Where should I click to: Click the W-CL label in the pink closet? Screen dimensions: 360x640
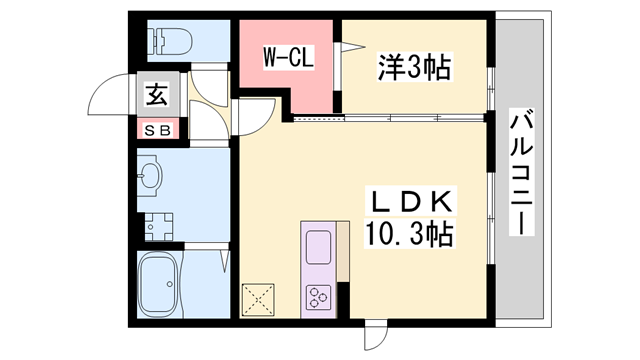288,58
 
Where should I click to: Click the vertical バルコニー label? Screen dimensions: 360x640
521,171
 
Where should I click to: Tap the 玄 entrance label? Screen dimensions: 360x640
158,96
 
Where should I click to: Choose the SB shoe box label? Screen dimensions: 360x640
158,129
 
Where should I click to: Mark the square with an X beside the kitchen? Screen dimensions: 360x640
259,299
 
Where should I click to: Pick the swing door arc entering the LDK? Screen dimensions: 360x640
256,118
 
